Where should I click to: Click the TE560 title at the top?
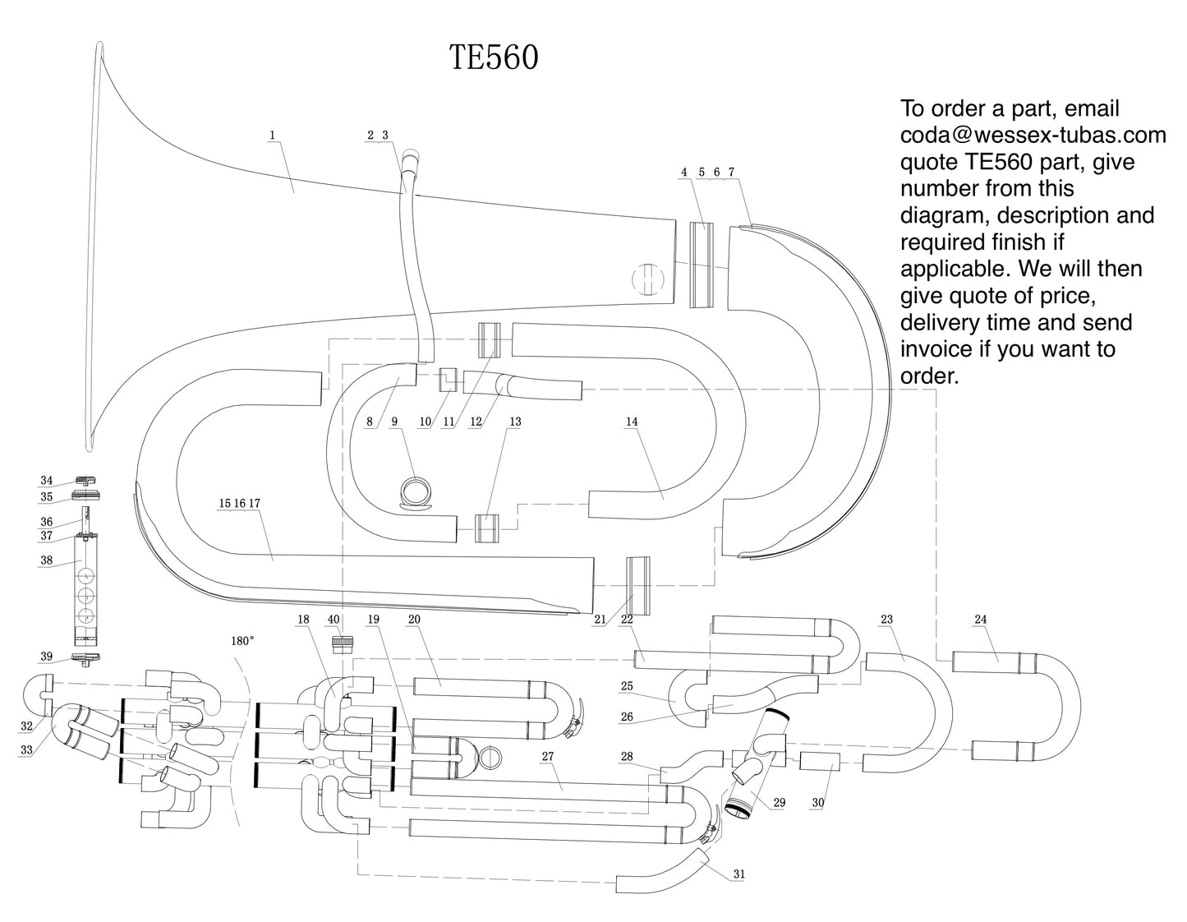494,58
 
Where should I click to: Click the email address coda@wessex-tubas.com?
1033,136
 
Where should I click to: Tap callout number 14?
632,422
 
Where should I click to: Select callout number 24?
981,620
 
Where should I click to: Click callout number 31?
739,874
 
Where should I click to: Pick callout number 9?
394,422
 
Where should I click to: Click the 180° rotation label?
242,640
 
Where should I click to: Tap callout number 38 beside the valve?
46,561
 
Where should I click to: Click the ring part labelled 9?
415,493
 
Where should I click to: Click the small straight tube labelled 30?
818,763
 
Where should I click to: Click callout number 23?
886,620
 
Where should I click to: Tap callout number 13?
515,422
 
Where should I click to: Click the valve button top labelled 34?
85,479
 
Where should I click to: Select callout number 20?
414,620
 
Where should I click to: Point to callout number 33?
27,749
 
